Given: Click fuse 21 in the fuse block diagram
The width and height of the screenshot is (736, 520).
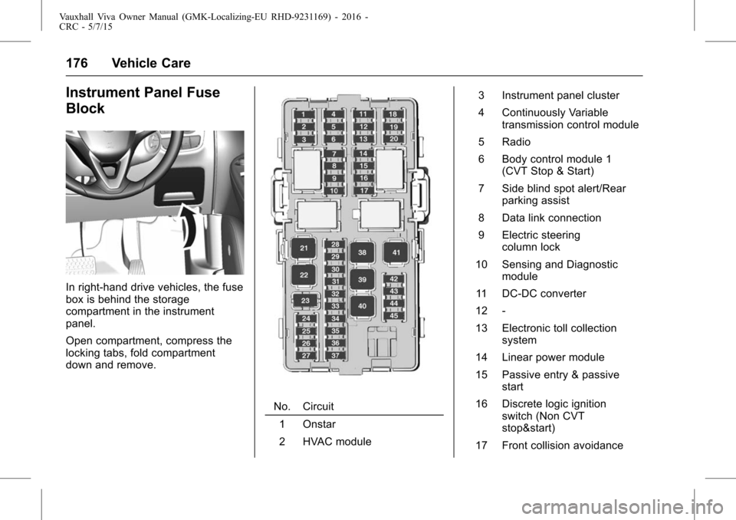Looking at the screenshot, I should [304, 248].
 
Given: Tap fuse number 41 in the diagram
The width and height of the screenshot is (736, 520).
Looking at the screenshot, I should [396, 252].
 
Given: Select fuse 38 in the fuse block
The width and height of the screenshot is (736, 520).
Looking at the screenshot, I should [362, 252].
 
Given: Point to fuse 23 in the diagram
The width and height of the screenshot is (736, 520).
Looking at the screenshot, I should [305, 301].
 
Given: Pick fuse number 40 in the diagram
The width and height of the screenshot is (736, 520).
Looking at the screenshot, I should [362, 306].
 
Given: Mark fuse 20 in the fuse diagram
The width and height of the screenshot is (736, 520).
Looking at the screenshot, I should [393, 139].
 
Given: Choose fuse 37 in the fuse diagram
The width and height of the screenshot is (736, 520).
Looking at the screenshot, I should [335, 355].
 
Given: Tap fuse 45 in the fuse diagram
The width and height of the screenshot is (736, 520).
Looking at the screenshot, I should [393, 315].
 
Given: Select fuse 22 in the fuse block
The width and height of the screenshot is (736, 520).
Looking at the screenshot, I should [304, 275].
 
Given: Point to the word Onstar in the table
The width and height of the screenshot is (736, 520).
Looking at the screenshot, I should [318, 424].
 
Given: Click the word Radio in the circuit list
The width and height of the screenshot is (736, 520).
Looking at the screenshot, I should [516, 142].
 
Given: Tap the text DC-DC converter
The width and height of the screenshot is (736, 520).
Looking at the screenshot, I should [544, 293].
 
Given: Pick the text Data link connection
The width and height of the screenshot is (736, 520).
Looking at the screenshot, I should [551, 218].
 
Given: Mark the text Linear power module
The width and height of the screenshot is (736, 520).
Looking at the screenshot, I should [553, 357].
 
